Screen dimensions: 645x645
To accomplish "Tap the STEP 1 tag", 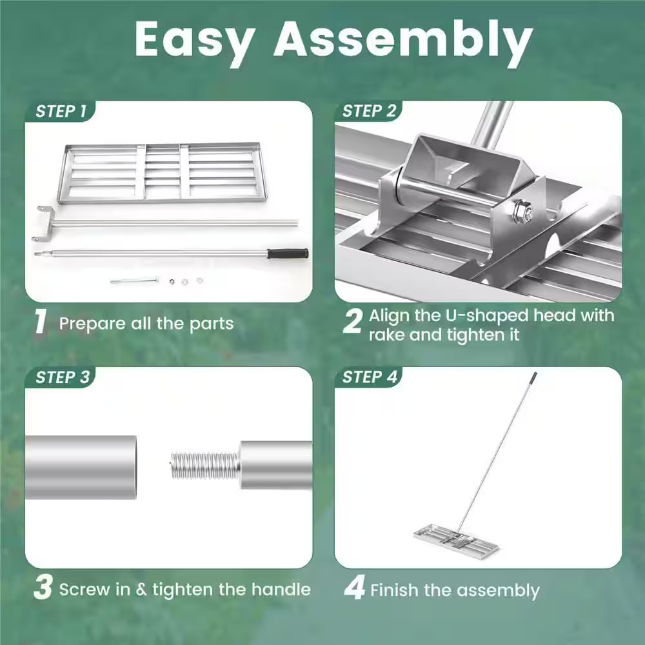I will [x=61, y=112].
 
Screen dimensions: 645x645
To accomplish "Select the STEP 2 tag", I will [x=370, y=112].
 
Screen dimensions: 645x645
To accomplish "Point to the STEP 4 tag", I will [x=370, y=377].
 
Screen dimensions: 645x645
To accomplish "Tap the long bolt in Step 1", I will [x=134, y=281].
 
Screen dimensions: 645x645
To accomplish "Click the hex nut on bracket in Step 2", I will [x=522, y=211].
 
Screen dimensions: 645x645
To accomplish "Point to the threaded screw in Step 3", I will [x=204, y=465].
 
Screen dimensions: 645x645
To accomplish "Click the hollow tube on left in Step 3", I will [x=81, y=467].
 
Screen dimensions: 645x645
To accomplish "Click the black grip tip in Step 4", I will [x=533, y=375].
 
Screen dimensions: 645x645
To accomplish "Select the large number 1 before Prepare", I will [x=40, y=322].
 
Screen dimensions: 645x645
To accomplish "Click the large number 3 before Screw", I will [x=43, y=589].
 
